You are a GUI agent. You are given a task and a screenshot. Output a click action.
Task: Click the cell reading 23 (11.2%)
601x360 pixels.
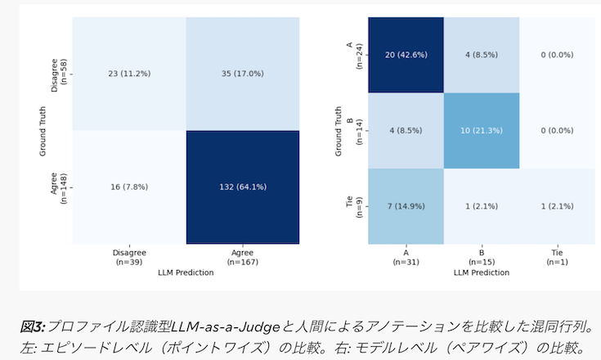(x=128, y=74)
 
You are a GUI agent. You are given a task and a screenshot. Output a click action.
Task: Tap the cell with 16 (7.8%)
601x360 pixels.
(x=128, y=188)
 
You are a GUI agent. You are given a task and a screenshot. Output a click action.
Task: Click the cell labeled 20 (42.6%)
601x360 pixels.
(x=406, y=55)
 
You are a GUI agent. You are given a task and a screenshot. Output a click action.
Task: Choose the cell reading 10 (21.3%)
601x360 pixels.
(x=482, y=130)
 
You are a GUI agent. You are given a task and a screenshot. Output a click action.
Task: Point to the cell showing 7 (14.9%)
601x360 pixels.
(x=406, y=206)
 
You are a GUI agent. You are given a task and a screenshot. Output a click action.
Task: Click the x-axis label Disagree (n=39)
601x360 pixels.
(x=128, y=258)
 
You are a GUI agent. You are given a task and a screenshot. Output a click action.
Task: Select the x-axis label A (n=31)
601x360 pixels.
(x=406, y=258)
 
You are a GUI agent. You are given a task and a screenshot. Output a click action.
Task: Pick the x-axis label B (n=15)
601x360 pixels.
(x=482, y=258)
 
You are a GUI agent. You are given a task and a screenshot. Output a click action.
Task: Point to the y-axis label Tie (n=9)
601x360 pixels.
(x=353, y=206)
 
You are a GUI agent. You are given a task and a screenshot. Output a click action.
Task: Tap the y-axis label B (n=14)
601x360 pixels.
(x=353, y=130)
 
